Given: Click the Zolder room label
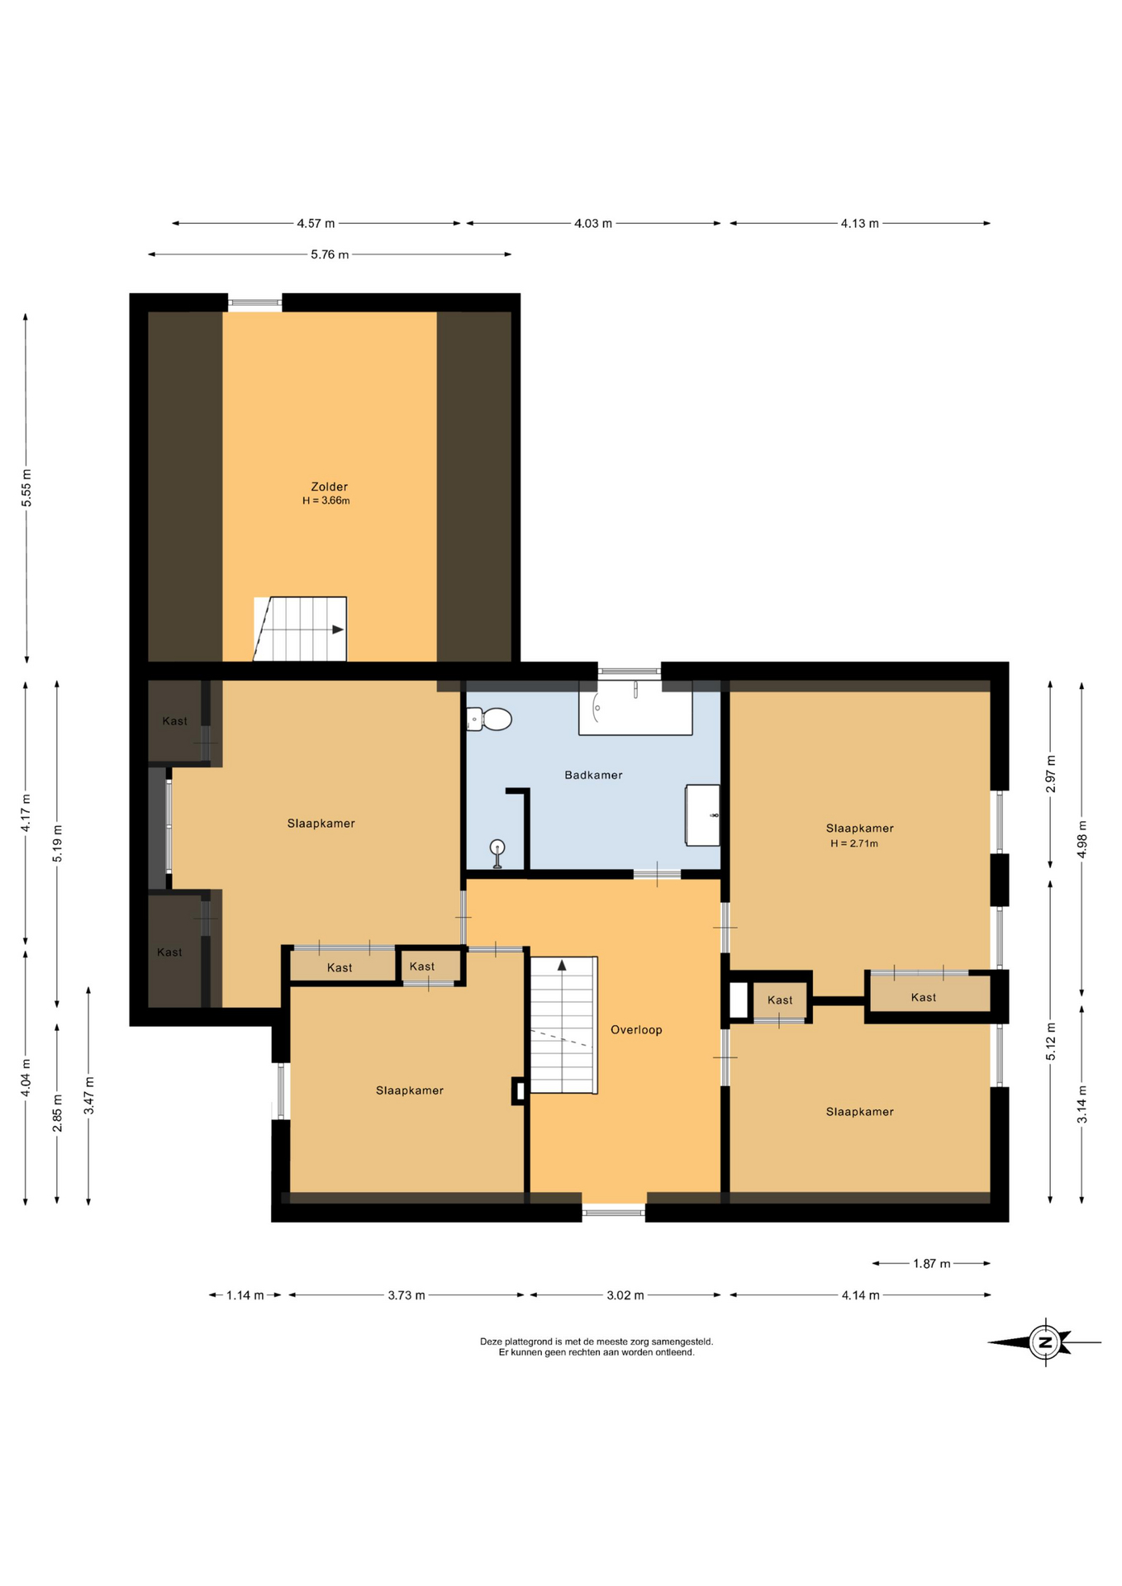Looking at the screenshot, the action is click(329, 487).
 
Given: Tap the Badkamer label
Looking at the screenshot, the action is click(593, 775).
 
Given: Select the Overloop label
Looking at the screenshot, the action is click(636, 1029).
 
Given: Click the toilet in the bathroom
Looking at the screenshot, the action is click(489, 719).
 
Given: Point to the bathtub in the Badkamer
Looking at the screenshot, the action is click(635, 708).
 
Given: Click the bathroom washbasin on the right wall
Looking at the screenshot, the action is click(702, 815).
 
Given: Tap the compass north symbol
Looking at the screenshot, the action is click(1045, 1341).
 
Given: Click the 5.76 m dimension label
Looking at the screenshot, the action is click(330, 254).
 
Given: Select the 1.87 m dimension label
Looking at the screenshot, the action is click(931, 1263).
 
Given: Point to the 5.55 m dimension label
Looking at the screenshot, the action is click(26, 487).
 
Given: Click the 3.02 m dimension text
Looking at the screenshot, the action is click(625, 1294).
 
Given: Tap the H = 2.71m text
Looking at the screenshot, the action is click(854, 843).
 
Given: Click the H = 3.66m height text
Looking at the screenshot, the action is click(326, 501).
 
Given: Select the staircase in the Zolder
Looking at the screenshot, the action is click(300, 629).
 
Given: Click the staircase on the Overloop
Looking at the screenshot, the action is click(563, 1024).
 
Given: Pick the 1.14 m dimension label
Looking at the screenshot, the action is click(245, 1294).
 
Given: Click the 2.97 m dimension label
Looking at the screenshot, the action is click(1051, 774).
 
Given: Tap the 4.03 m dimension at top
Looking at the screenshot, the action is click(593, 223).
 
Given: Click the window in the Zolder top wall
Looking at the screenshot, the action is click(254, 303).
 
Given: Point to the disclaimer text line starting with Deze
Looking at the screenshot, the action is click(597, 1341).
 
